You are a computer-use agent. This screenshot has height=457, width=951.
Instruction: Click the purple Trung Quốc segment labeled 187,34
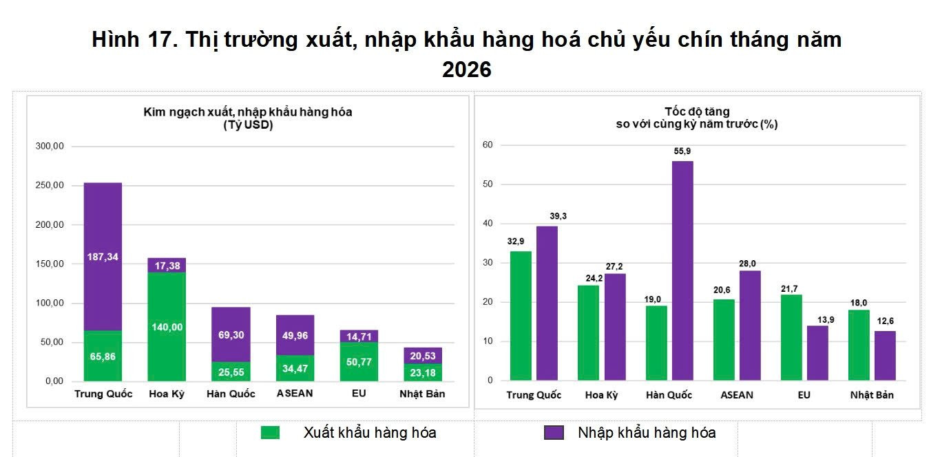point(103,257)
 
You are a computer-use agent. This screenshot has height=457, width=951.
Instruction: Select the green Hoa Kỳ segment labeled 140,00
point(167,327)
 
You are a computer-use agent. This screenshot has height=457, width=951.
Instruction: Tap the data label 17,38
point(167,266)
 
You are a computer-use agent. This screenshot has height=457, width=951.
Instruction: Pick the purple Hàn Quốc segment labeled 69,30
point(231,334)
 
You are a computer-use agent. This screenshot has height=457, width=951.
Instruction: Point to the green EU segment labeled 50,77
point(359,361)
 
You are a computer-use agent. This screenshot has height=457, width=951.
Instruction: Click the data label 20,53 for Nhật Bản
point(423,356)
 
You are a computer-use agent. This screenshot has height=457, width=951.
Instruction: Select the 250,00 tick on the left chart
point(50,185)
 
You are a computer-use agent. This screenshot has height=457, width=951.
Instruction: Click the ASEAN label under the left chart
point(295,394)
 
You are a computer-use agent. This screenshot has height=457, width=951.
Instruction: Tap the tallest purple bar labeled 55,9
point(682,270)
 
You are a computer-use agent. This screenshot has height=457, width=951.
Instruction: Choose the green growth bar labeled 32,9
point(521,316)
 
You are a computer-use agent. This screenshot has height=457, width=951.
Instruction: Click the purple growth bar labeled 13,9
point(817,353)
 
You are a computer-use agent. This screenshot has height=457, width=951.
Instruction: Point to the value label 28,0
point(747,264)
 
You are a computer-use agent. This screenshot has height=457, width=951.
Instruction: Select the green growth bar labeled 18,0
point(859,345)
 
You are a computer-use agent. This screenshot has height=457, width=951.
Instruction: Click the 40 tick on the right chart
point(488,223)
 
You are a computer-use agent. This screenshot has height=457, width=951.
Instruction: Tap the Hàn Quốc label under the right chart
point(669,395)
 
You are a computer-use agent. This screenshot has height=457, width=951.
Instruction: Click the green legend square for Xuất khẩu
point(270,433)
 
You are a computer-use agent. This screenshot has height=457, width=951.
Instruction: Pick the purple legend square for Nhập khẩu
point(554,433)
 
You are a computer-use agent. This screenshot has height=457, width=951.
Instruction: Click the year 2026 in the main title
point(467,69)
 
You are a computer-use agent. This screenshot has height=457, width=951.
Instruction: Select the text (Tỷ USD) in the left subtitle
point(248,125)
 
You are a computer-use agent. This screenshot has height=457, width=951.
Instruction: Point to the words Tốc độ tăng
point(697,111)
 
